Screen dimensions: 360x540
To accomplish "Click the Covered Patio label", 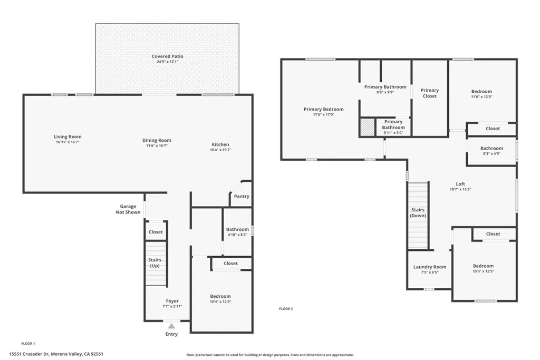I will click(167, 56).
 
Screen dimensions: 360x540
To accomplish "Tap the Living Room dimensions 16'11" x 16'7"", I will click(67, 142).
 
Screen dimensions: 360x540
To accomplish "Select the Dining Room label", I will click(157, 140).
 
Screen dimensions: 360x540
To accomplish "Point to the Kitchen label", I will click(220, 144).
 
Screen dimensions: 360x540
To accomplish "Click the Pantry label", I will click(241, 197).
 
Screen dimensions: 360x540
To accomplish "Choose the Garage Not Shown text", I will click(128, 209).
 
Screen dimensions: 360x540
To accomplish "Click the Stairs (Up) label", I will click(155, 263).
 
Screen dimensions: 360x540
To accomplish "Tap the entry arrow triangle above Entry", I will click(171, 326).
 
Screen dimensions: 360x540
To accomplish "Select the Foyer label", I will click(172, 301).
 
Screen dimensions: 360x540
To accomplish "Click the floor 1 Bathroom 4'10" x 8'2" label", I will click(237, 229).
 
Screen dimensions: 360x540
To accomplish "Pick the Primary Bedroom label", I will click(323, 109).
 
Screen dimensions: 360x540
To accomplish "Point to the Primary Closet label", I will click(429, 93).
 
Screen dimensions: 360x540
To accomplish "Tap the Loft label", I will click(460, 184).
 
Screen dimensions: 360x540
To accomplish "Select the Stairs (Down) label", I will click(418, 212).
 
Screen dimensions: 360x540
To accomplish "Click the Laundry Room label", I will click(429, 267).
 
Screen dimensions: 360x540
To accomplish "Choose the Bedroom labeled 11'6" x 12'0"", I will click(481, 91).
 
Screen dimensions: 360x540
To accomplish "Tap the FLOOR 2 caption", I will click(285, 309).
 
